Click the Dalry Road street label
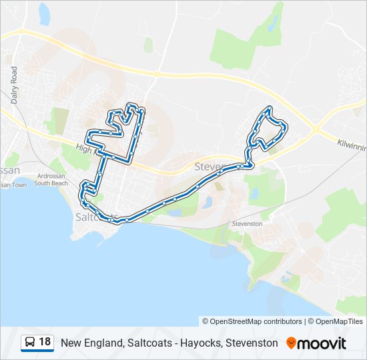click(14, 84)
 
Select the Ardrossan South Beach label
click(51, 179)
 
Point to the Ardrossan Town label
click(12, 185)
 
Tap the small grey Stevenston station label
click(247, 224)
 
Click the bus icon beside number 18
click(30, 343)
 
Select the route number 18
click(45, 342)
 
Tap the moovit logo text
click(323, 343)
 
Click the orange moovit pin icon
click(291, 343)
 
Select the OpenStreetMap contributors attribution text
click(256, 321)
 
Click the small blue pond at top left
click(45, 13)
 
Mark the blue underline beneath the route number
click(37, 351)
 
